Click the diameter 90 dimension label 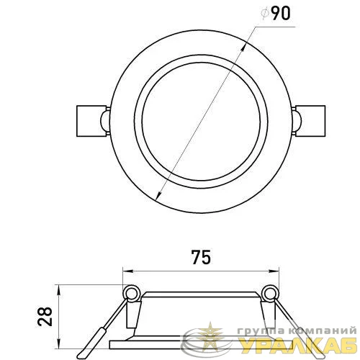click(x=276, y=13)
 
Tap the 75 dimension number click(x=201, y=257)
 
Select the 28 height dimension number click(x=45, y=316)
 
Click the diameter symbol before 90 click(x=265, y=14)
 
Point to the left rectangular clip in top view click(x=91, y=121)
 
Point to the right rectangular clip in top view click(x=310, y=121)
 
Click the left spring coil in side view click(x=131, y=292)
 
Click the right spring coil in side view click(x=271, y=292)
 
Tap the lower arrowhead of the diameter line click(x=158, y=195)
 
